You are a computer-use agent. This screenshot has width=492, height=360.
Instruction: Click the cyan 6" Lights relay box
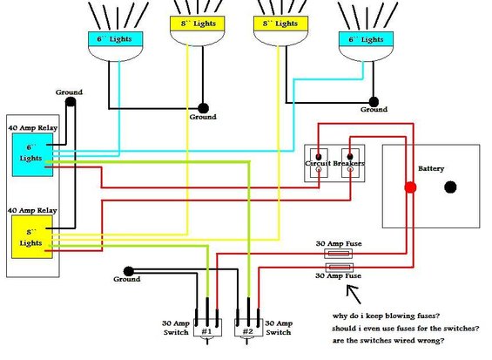pos(32,154)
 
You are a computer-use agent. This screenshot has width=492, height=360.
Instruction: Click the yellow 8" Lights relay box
pos(32,237)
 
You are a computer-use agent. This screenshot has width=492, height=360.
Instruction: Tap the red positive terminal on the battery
pos(410,187)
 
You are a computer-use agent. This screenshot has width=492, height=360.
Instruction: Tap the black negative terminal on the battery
pos(450,187)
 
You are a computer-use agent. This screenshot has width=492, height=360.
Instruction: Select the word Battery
pos(431,169)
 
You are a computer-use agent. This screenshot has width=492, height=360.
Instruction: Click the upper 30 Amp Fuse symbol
pos(338,253)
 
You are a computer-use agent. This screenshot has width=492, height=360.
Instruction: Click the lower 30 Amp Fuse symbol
pos(340,268)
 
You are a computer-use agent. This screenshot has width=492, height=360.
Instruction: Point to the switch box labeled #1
pos(207,328)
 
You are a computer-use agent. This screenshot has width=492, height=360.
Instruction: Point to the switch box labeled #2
pos(248,328)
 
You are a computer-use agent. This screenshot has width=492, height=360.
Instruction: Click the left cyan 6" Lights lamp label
pos(116,39)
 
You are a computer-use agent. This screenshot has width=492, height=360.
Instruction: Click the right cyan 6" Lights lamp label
pos(366,39)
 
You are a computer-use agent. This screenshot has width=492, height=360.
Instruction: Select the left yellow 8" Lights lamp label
pos(198,24)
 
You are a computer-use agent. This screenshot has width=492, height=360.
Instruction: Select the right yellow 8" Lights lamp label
pos(280,24)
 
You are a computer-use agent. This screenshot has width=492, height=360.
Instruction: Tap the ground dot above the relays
pos(71,102)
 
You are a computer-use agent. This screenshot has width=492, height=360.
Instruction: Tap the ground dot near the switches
pos(129,271)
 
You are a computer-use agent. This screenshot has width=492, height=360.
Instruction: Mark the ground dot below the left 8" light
pos(203,108)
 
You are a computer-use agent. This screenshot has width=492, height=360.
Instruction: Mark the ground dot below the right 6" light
pos(374,102)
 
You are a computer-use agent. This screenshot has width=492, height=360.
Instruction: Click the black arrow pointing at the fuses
pos(354,295)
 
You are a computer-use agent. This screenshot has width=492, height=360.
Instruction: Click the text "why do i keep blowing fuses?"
pos(386,316)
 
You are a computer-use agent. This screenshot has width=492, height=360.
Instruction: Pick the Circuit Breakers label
pos(334,163)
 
